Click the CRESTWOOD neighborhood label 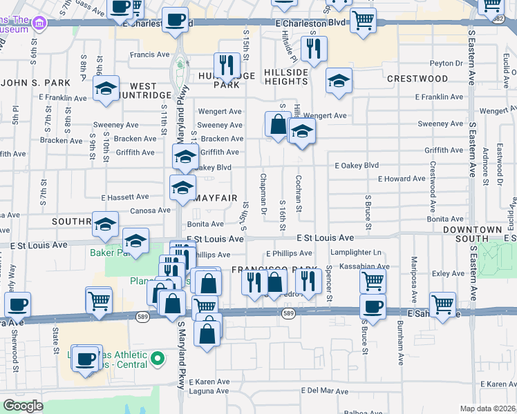(x=417, y=79)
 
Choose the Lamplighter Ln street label (x=356, y=253)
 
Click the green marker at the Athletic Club (x=158, y=358)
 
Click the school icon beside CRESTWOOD (x=339, y=81)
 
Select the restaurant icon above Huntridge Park (x=227, y=64)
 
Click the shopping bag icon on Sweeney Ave (x=277, y=124)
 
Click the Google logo (x=23, y=405)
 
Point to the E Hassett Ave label (x=125, y=197)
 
